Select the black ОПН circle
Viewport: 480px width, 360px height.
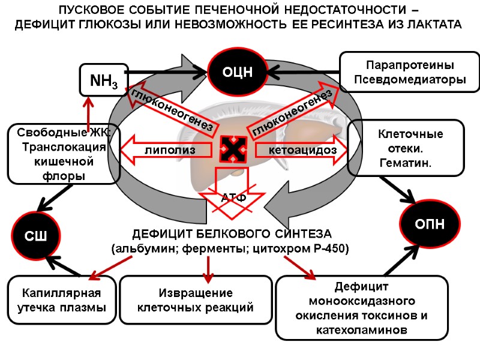(x=430, y=224)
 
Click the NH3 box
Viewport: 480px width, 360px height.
(x=103, y=80)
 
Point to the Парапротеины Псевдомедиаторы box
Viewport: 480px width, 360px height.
(x=409, y=71)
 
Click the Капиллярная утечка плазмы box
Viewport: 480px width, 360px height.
(x=62, y=300)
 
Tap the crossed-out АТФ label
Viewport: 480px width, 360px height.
(x=234, y=197)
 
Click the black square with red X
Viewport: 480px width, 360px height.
(x=232, y=149)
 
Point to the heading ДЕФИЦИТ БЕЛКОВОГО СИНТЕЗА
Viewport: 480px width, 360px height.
(x=232, y=233)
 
